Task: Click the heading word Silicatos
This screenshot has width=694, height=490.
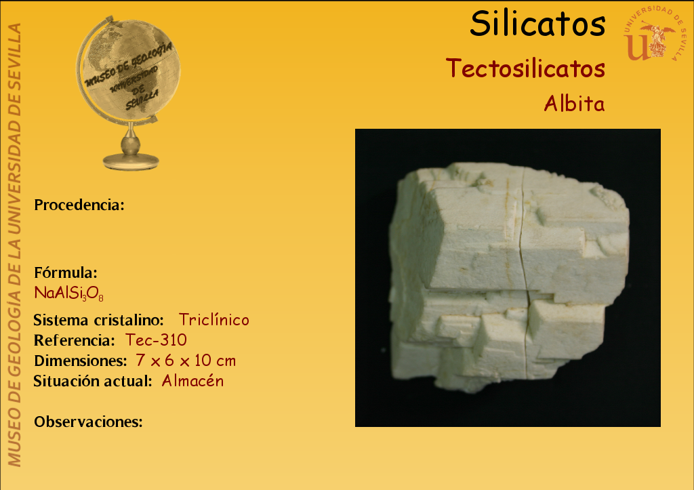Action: click(537, 24)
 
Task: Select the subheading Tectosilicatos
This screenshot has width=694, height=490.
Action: click(525, 68)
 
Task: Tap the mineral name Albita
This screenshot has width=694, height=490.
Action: click(574, 104)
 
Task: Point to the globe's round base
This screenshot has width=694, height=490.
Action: click(131, 161)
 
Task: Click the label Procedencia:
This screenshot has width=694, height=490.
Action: click(79, 205)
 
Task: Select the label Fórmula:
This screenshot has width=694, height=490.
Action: click(66, 272)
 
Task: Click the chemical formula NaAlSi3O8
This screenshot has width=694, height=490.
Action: click(69, 293)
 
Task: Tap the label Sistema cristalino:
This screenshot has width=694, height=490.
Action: click(99, 320)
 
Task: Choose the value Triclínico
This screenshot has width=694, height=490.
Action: click(213, 320)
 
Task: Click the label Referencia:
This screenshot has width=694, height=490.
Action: click(75, 340)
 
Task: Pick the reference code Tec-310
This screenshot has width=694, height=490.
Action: click(156, 340)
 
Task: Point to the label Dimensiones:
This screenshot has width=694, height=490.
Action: click(81, 361)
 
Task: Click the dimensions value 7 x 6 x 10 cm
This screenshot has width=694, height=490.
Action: click(186, 361)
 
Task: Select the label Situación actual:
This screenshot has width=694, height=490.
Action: click(93, 381)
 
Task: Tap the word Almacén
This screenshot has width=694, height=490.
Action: click(192, 381)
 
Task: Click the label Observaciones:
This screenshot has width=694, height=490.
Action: click(89, 422)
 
